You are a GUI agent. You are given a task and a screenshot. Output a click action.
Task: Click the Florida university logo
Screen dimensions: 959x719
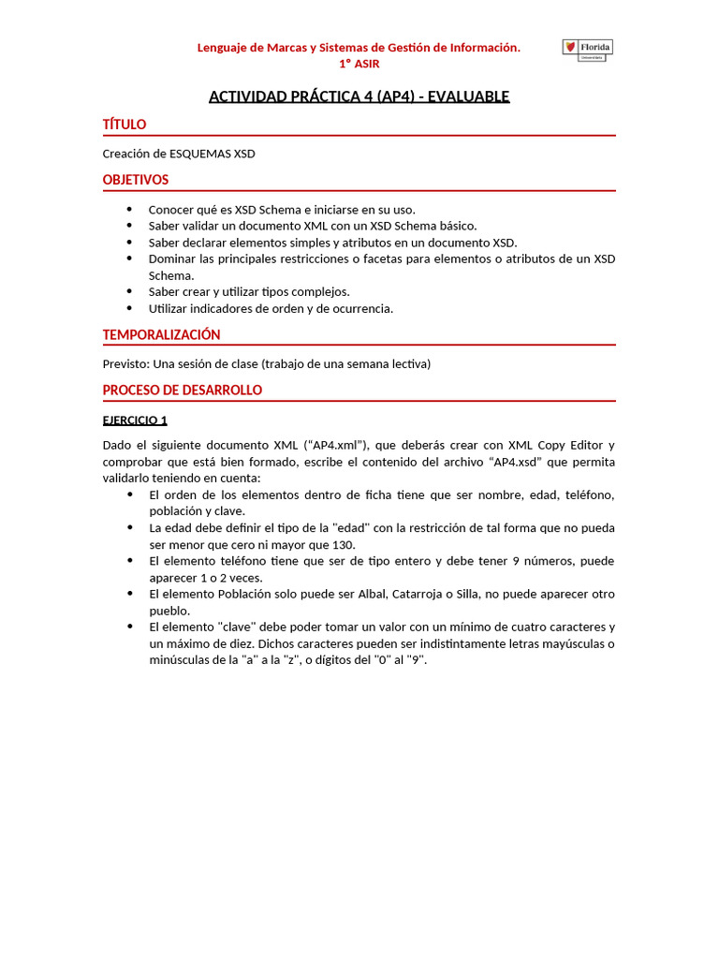pyautogui.click(x=587, y=51)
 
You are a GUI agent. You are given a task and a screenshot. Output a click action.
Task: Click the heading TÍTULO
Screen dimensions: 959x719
pyautogui.click(x=124, y=125)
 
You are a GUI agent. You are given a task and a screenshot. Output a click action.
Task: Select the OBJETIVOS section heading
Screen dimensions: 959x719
pyautogui.click(x=136, y=180)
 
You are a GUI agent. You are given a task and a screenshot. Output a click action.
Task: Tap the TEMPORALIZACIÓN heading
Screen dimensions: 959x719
pyautogui.click(x=161, y=334)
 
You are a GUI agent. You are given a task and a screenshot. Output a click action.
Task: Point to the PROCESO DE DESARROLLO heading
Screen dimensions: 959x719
pyautogui.click(x=182, y=390)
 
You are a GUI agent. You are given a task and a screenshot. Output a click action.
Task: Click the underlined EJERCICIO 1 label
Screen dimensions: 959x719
pyautogui.click(x=135, y=420)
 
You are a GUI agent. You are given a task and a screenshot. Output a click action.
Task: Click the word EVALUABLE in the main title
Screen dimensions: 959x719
pyautogui.click(x=468, y=96)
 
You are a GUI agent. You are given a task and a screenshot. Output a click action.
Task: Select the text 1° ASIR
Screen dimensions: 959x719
pyautogui.click(x=359, y=64)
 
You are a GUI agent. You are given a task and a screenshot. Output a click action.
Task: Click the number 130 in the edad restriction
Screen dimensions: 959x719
pyautogui.click(x=344, y=544)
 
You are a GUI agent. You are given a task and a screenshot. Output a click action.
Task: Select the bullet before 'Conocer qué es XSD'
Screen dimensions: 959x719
pyautogui.click(x=128, y=209)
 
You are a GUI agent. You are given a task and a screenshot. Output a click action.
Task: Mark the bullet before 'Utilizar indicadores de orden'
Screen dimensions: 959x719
pyautogui.click(x=128, y=308)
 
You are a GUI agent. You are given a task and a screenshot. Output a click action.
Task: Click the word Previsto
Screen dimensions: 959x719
pyautogui.click(x=125, y=363)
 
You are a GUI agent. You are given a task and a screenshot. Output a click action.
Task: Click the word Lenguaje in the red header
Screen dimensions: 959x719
pyautogui.click(x=223, y=47)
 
